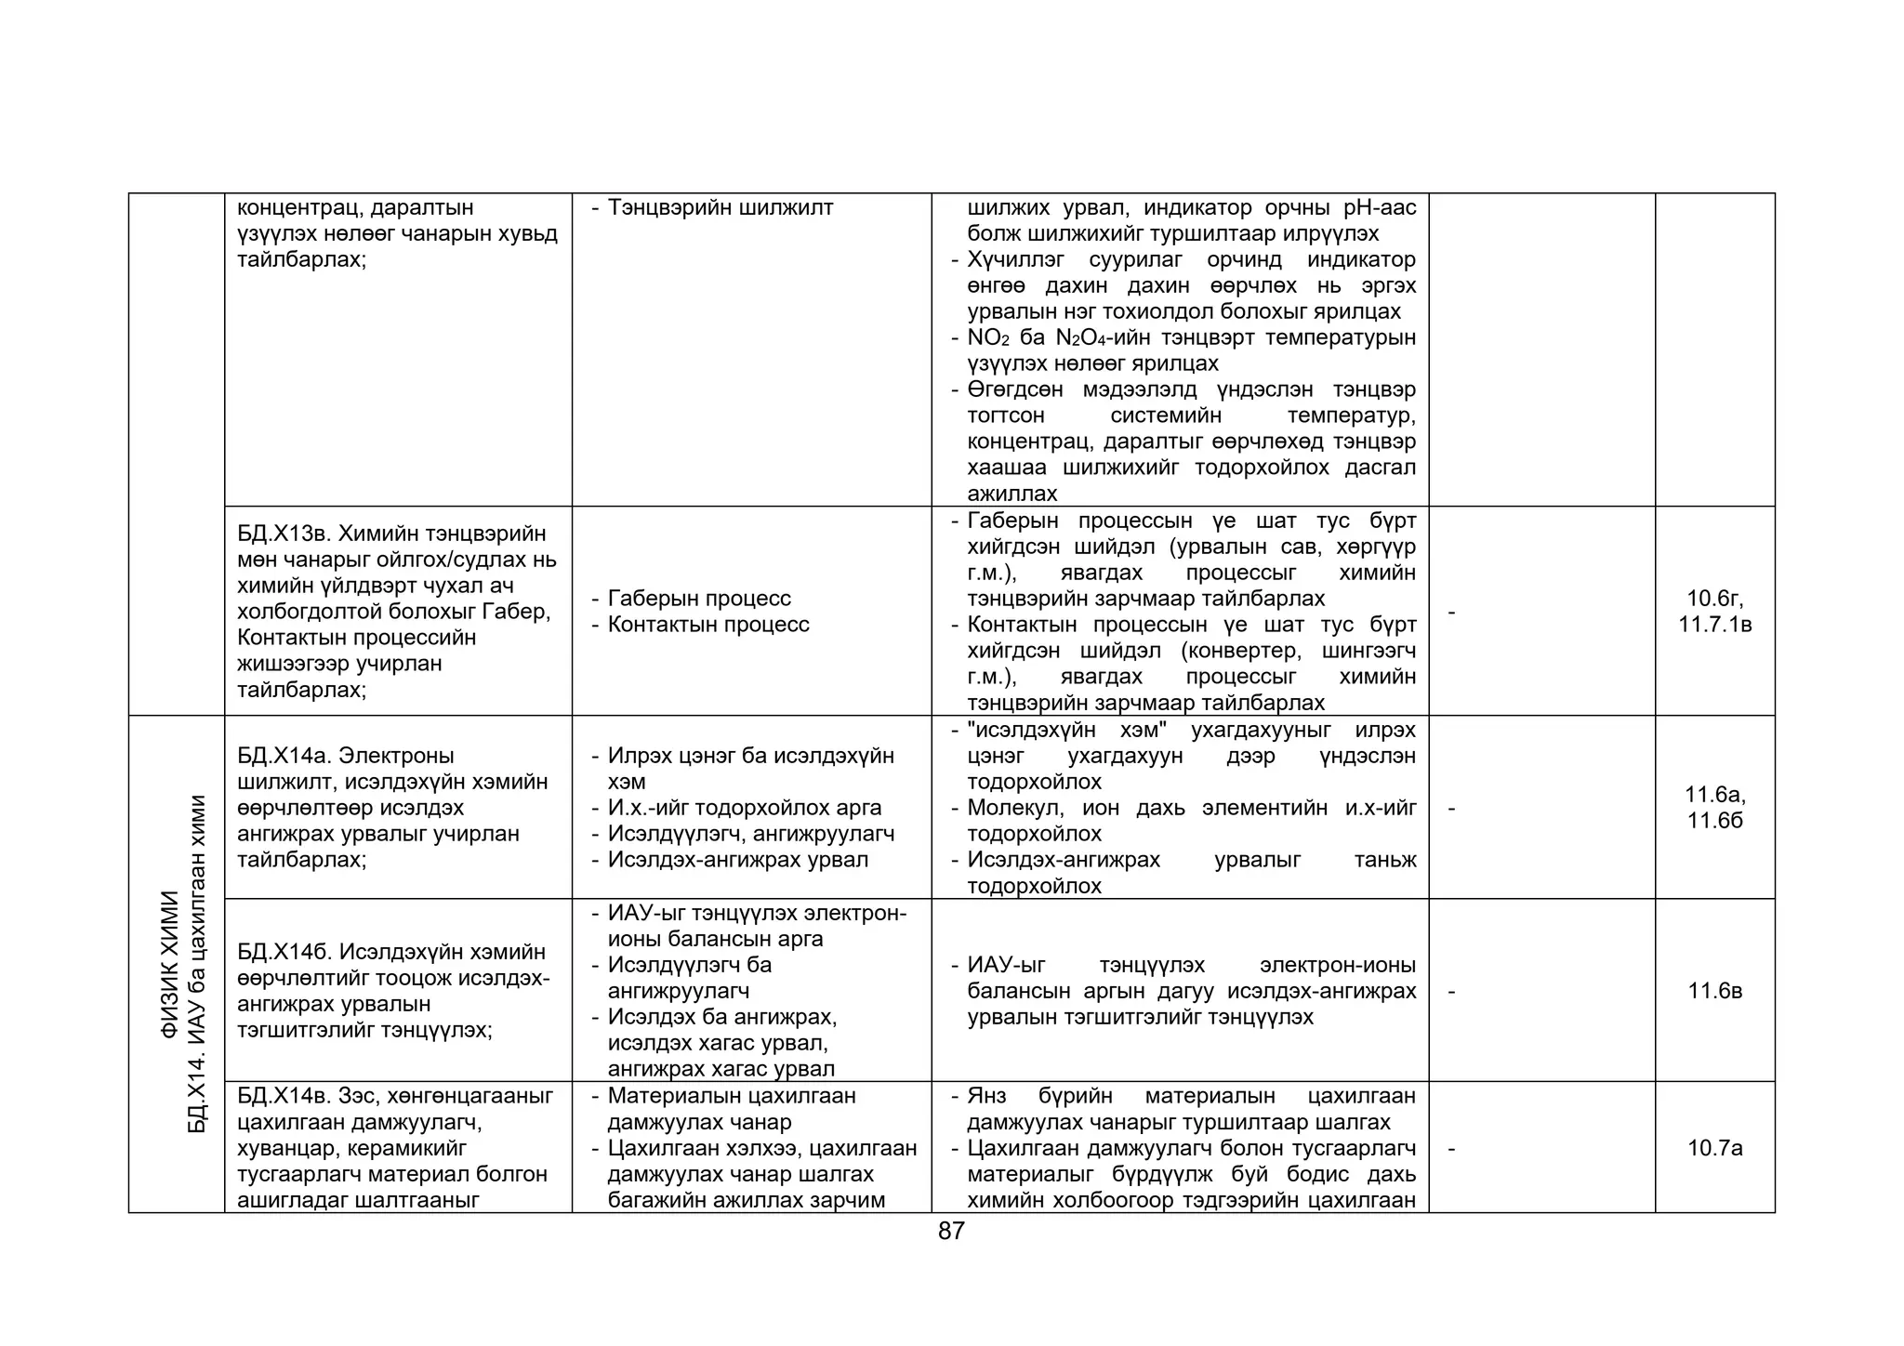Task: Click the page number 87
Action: [x=951, y=1231]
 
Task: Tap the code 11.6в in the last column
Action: [x=1714, y=991]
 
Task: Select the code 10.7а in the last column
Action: [x=1714, y=1148]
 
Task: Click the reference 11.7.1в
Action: [x=1714, y=625]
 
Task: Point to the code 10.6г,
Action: [x=1714, y=599]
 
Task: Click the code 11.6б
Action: [x=1714, y=821]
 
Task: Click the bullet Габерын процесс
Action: [x=699, y=599]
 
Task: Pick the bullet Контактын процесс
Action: [x=708, y=625]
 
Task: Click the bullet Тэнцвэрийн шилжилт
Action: [x=721, y=207]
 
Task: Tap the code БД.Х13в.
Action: [x=283, y=534]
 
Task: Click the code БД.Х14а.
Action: [x=283, y=756]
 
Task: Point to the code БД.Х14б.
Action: [x=283, y=952]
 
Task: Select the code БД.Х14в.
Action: [x=283, y=1096]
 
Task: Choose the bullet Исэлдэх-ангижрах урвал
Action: [x=738, y=860]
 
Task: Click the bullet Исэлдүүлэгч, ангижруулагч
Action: [x=751, y=834]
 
